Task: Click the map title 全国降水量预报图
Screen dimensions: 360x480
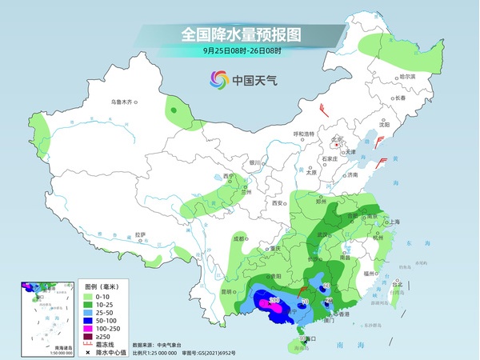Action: [240, 34]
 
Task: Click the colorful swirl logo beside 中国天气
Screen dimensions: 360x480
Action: [218, 79]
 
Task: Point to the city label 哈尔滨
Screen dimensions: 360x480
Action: [408, 78]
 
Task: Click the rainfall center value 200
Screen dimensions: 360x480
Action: [274, 300]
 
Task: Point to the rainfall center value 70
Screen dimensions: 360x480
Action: [305, 302]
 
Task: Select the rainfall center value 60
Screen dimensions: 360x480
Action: [326, 286]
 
